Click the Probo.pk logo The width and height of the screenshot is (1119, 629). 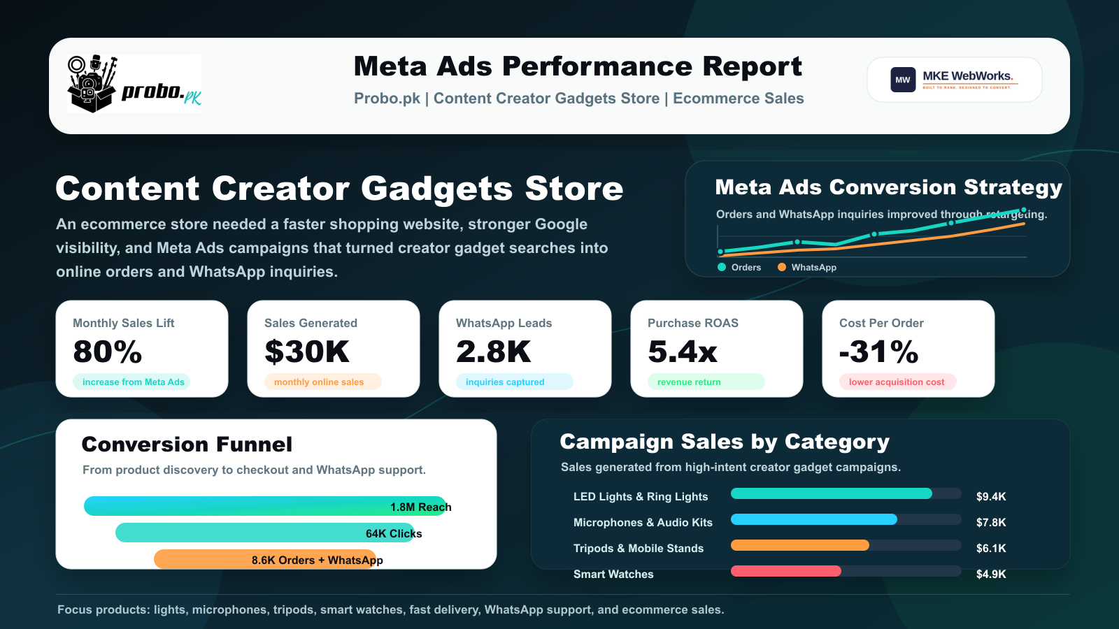coord(134,84)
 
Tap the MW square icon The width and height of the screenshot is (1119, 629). coord(903,80)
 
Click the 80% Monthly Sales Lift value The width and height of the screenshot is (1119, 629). coord(108,352)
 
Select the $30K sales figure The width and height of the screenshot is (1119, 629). coord(307,352)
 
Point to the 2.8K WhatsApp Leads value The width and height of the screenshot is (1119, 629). coord(494,352)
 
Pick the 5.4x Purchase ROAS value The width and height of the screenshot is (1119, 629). coord(683,352)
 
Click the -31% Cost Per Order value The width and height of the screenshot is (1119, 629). coord(878,352)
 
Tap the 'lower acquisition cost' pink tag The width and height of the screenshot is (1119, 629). coord(897,382)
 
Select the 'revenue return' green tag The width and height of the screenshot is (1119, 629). coord(706,382)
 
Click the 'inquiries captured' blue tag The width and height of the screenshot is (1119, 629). coord(514,382)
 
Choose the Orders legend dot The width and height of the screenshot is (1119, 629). coord(721,267)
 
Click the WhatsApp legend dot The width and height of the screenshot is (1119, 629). coord(782,267)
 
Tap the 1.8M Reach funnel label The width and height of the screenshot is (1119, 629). coord(420,507)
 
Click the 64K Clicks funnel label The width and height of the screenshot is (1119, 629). coord(394,534)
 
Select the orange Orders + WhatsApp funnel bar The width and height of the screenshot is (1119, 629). coord(265,560)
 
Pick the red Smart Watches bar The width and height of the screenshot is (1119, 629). coord(786,570)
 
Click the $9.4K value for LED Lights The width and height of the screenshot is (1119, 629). coord(991,497)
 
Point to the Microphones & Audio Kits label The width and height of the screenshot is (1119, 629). coord(643,522)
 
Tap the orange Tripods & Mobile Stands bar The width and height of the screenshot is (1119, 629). coord(800,544)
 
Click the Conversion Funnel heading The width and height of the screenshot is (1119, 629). coord(187,444)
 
